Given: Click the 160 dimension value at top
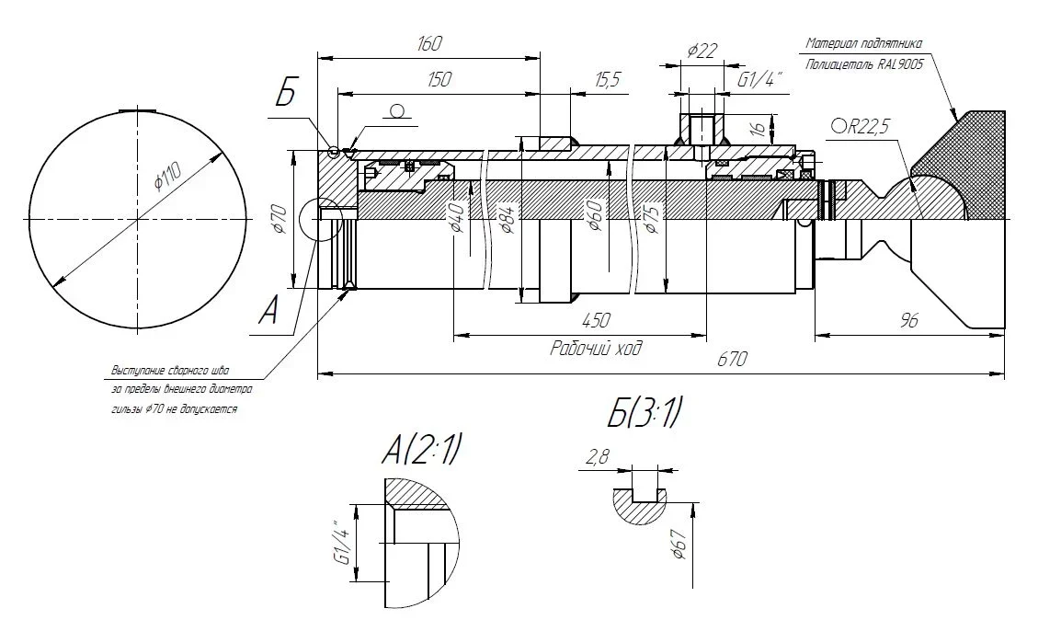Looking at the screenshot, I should coord(429,43).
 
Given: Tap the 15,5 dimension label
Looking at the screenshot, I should coord(608,80).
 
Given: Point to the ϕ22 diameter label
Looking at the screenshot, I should coord(702,52).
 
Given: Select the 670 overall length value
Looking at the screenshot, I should coord(731,359).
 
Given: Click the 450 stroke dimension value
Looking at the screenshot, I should coord(597,321).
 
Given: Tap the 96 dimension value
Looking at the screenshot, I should coord(909,320).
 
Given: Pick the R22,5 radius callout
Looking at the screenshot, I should coord(861,126).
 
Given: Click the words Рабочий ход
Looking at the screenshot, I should coord(595,349).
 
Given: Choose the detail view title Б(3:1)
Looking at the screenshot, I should coord(645,417).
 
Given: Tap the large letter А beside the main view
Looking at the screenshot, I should coord(268,313).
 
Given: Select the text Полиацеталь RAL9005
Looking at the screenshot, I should coord(864,64).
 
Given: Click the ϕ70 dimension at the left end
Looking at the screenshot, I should coord(280,221).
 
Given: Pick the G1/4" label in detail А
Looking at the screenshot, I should coord(342,544).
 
